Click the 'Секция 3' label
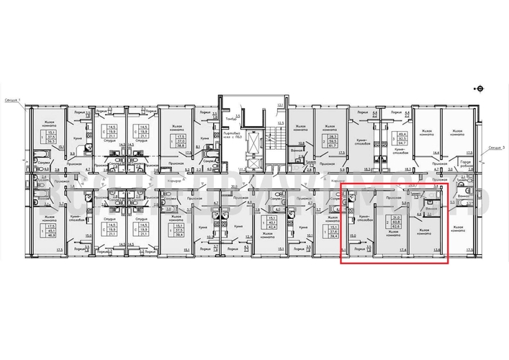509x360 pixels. [x=494, y=148]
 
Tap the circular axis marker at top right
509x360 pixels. [x=480, y=88]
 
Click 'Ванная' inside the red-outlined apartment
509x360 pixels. [x=431, y=217]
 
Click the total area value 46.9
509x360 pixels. [x=52, y=235]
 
